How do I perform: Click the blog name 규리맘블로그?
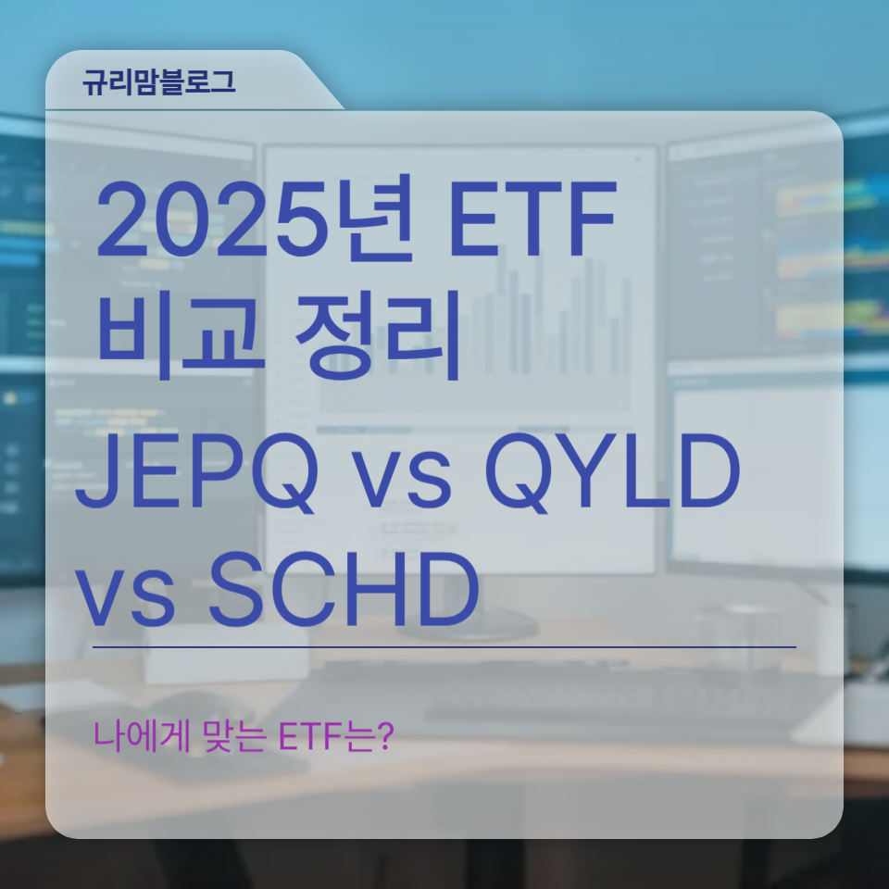click(x=158, y=81)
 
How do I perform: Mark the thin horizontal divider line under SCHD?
click(x=444, y=646)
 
